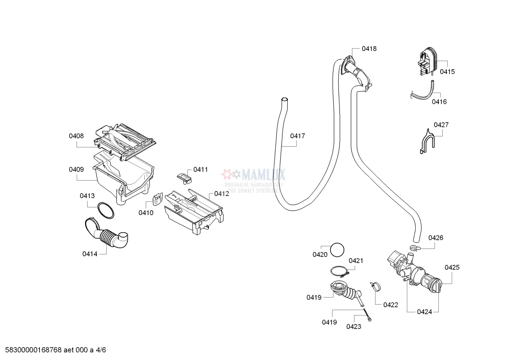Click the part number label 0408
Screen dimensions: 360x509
click(x=76, y=136)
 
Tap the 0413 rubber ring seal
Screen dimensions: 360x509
click(x=106, y=211)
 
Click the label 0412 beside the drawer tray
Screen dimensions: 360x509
click(x=221, y=194)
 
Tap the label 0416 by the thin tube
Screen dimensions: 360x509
click(x=439, y=102)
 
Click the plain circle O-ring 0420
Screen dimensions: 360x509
click(x=337, y=250)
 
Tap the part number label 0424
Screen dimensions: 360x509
click(x=424, y=312)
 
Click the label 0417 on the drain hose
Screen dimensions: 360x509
click(x=298, y=136)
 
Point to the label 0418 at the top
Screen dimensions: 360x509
click(x=369, y=49)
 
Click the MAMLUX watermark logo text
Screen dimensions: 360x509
click(x=263, y=174)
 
